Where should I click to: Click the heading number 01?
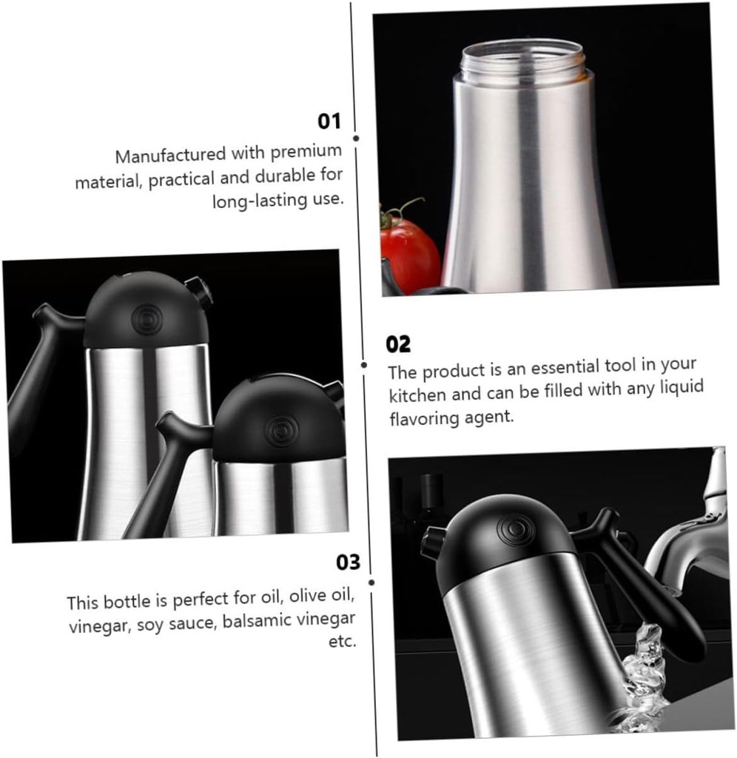pos(329,121)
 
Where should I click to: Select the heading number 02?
pos(398,344)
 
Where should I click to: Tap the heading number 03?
pos(348,563)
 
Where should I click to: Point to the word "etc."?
pos(343,641)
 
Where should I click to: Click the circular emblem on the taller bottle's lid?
pos(145,319)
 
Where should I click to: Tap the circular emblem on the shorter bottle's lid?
pos(281,428)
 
